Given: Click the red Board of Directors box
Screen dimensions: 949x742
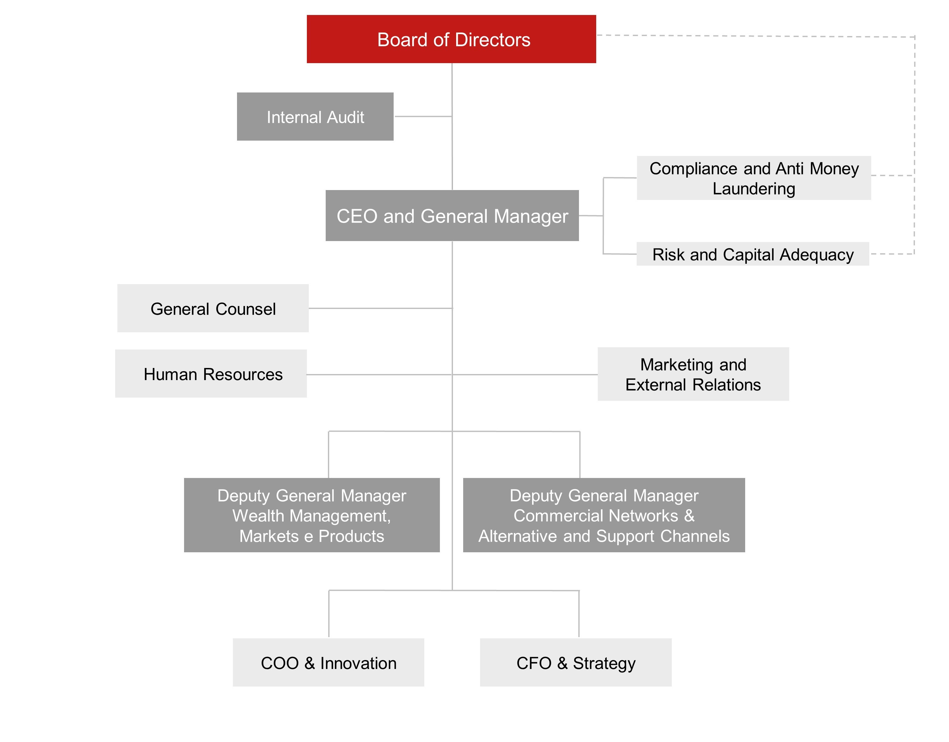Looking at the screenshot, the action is [451, 39].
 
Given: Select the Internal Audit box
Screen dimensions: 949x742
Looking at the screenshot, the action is [315, 116].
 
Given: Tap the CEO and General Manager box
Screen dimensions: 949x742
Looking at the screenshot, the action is [452, 216].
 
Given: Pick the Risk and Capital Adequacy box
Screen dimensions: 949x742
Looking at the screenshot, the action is [753, 254].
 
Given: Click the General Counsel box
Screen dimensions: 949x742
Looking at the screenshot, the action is [213, 308].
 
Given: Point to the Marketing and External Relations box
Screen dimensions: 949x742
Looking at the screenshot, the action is [693, 374].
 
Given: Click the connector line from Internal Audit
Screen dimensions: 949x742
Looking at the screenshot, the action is [423, 116].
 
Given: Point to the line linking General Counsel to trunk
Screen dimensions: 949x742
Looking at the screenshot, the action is [381, 308].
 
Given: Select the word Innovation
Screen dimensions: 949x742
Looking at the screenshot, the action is [358, 663].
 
